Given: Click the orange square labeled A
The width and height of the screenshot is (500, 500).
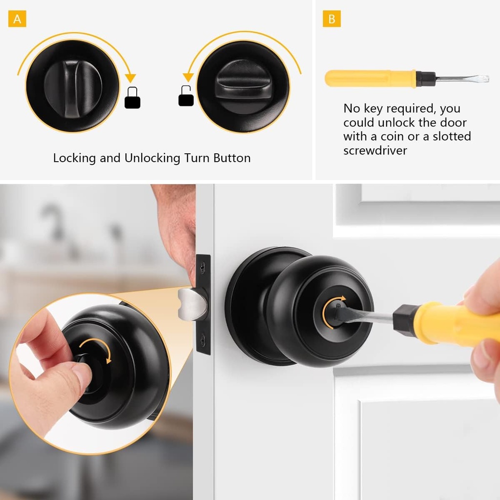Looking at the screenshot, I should pyautogui.click(x=17, y=19).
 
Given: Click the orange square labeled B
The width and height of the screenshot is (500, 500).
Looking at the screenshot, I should pyautogui.click(x=332, y=19).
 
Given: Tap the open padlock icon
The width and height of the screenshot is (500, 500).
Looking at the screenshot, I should pyautogui.click(x=186, y=96).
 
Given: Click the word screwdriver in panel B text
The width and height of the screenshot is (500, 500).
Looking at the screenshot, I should pyautogui.click(x=375, y=150).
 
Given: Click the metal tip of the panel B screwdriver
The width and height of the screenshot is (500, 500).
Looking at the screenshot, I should pyautogui.click(x=469, y=79).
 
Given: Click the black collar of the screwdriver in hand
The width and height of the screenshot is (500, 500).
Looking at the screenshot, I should pyautogui.click(x=404, y=319).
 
